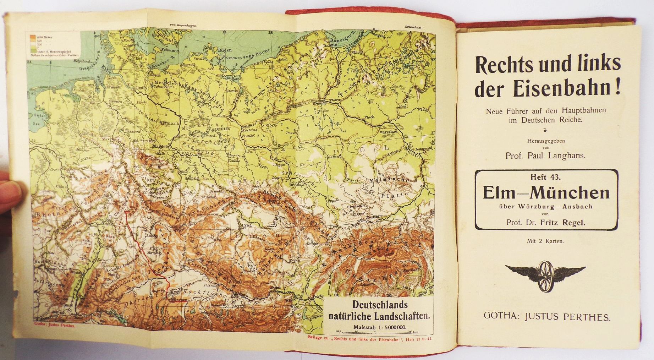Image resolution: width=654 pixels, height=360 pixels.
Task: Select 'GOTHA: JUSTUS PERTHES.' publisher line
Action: [x=547, y=317]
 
